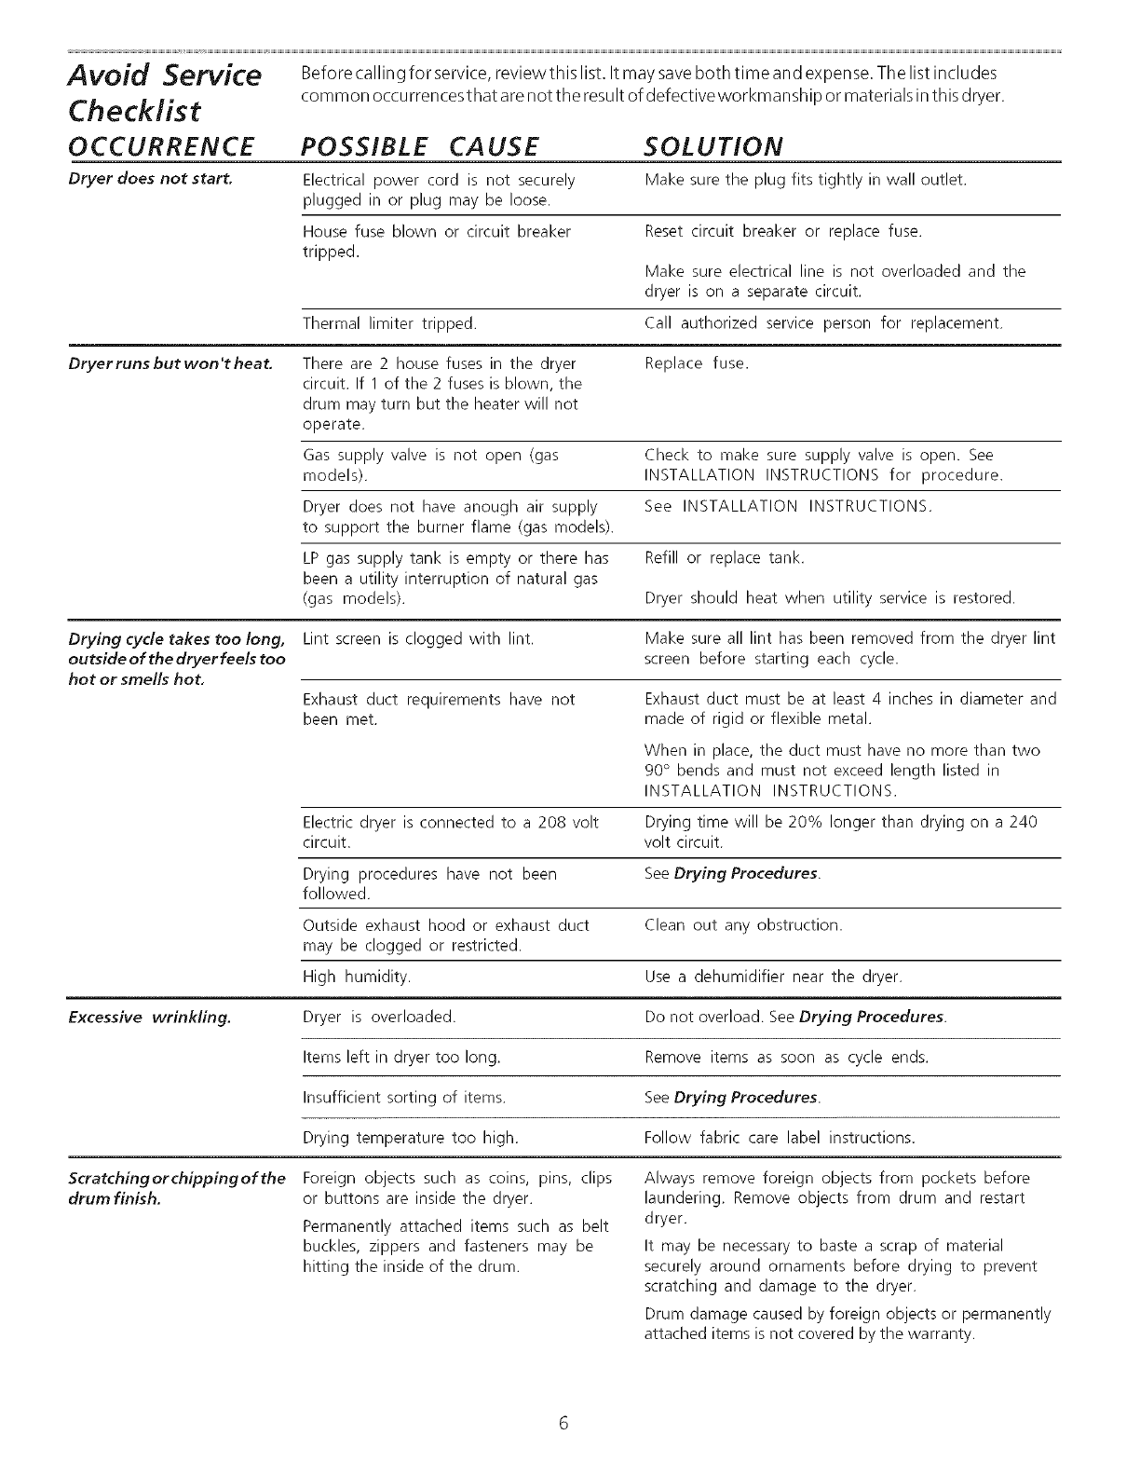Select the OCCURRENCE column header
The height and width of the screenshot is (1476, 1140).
pyautogui.click(x=162, y=146)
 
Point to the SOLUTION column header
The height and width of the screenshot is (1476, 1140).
pyautogui.click(x=713, y=146)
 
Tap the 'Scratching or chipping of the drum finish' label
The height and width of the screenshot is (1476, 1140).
pyautogui.click(x=177, y=1188)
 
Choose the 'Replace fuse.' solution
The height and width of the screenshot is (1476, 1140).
pyautogui.click(x=697, y=362)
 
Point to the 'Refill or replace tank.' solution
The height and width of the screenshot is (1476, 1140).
pyautogui.click(x=724, y=558)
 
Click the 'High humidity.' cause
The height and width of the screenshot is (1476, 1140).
pyautogui.click(x=357, y=977)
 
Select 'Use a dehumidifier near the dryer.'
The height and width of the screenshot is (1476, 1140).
pyautogui.click(x=773, y=977)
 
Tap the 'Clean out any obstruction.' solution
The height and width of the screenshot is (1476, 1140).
pyautogui.click(x=743, y=925)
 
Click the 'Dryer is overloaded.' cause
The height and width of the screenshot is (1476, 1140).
pyautogui.click(x=379, y=1017)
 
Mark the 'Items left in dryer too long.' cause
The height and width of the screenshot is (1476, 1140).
pyautogui.click(x=402, y=1058)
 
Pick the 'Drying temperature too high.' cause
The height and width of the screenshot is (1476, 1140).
pyautogui.click(x=411, y=1138)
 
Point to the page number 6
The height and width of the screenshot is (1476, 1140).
pyautogui.click(x=563, y=1423)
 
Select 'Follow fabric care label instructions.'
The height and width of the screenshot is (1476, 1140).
pyautogui.click(x=780, y=1138)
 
